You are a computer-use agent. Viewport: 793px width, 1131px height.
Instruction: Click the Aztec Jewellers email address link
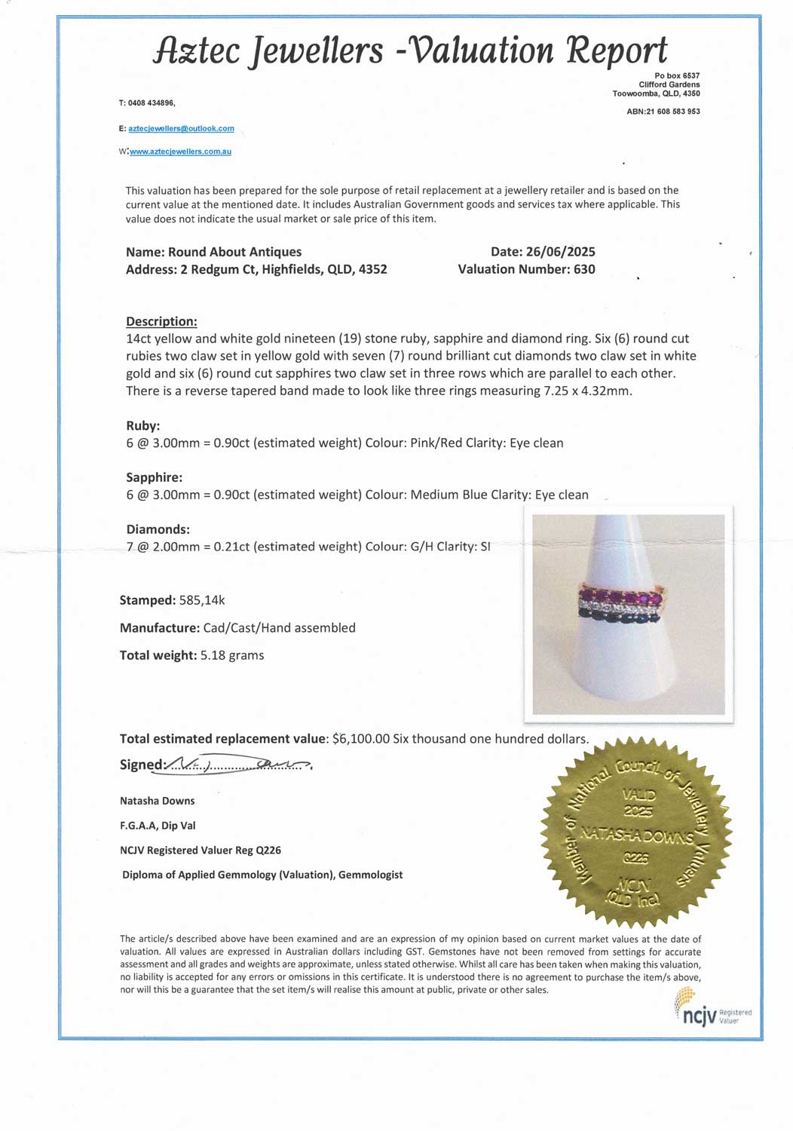pyautogui.click(x=181, y=129)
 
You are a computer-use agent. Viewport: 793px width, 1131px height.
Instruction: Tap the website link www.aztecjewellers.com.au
pyautogui.click(x=180, y=152)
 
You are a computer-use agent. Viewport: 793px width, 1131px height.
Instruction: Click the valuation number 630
pyautogui.click(x=584, y=269)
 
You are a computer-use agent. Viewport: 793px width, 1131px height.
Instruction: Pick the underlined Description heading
pyautogui.click(x=161, y=321)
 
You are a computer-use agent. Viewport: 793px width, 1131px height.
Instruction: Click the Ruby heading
pyautogui.click(x=142, y=425)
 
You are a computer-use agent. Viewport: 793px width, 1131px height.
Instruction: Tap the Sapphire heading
pyautogui.click(x=154, y=477)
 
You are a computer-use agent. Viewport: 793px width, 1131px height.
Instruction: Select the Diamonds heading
pyautogui.click(x=158, y=529)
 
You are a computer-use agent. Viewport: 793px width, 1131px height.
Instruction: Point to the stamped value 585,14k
pyautogui.click(x=202, y=600)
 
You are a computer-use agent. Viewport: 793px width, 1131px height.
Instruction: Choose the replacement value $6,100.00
pyautogui.click(x=360, y=739)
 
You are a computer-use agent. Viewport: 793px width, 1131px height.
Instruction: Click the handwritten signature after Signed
pyautogui.click(x=238, y=765)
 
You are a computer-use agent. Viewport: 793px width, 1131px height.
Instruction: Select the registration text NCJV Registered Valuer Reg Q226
pyautogui.click(x=201, y=851)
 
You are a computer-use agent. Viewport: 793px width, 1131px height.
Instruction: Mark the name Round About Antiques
pyautogui.click(x=234, y=252)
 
